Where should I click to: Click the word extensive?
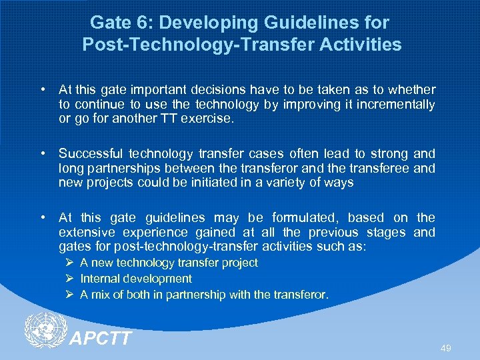83,232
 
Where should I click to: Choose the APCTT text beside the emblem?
101,339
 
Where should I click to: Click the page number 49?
445,348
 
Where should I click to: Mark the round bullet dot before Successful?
42,153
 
